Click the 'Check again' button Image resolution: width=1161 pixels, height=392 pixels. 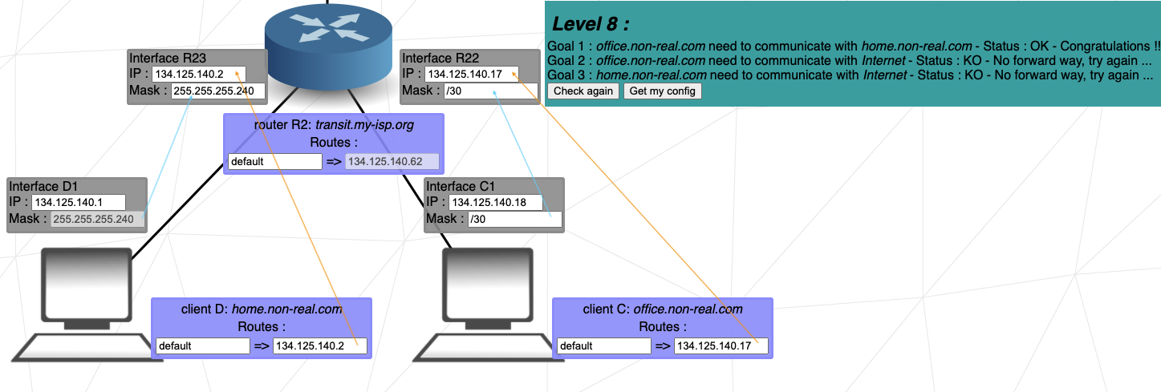(x=583, y=91)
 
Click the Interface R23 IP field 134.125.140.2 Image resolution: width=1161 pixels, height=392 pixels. (x=198, y=74)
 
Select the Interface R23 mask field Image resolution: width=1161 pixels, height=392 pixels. (x=218, y=91)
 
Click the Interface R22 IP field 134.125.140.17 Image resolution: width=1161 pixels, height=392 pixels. (x=471, y=74)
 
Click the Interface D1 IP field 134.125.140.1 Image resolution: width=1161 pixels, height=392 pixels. (x=79, y=202)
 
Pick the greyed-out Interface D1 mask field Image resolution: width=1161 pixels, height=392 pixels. (x=97, y=219)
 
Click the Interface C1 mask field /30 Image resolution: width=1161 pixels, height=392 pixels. (x=514, y=219)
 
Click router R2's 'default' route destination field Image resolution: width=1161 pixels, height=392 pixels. (x=274, y=161)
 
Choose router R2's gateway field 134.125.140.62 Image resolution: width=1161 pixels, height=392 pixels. (x=392, y=161)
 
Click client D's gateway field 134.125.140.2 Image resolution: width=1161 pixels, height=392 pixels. (x=320, y=346)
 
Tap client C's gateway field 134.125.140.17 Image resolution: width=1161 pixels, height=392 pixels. (x=721, y=346)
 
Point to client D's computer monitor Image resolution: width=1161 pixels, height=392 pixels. (x=87, y=285)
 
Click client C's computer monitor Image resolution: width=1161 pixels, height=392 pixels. (x=488, y=285)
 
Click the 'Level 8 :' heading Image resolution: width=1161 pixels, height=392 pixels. (x=591, y=23)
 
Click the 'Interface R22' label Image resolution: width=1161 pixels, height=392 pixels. (x=440, y=58)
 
